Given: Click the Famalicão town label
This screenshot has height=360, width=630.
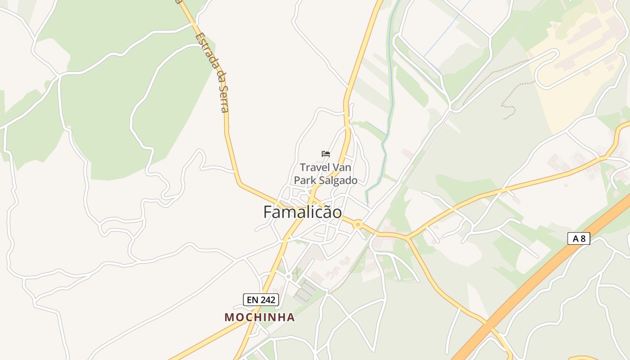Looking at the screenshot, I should [x=302, y=212].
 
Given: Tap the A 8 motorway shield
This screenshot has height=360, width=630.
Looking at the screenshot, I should [x=579, y=238].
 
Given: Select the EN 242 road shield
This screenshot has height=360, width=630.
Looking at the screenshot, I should [x=261, y=300].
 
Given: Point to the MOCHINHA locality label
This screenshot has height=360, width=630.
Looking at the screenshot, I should [x=260, y=317].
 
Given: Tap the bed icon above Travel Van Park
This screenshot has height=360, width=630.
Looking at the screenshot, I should [x=326, y=154].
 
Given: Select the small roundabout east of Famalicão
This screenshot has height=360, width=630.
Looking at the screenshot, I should [x=358, y=224].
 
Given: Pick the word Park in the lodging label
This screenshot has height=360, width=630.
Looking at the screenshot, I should [x=304, y=180].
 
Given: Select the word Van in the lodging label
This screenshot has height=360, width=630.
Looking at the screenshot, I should [x=342, y=168].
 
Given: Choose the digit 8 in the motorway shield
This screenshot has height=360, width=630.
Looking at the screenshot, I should [x=583, y=238].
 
